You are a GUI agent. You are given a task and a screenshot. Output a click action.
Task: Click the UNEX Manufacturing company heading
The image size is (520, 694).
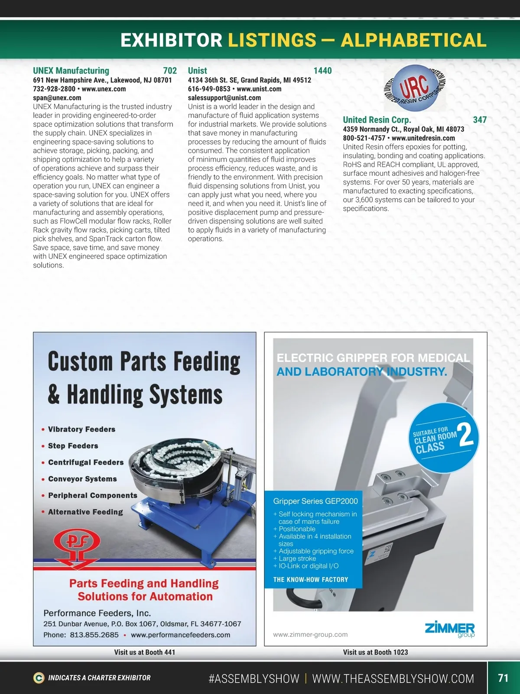pyautogui.click(x=71, y=71)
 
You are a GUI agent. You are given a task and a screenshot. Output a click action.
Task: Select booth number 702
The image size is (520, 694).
pyautogui.click(x=170, y=71)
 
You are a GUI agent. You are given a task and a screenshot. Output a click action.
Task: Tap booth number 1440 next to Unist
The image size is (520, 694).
pyautogui.click(x=322, y=71)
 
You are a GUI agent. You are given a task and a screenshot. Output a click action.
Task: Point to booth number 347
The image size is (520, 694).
pyautogui.click(x=480, y=120)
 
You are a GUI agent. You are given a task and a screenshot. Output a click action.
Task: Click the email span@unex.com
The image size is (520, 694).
pyautogui.click(x=57, y=98)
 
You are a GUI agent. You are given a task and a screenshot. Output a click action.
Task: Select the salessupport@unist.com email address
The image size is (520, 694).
pyautogui.click(x=224, y=98)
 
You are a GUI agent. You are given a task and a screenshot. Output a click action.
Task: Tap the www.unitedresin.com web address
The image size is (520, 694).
pyautogui.click(x=423, y=138)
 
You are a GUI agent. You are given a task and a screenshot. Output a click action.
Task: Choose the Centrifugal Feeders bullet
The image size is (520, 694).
pyautogui.click(x=86, y=462)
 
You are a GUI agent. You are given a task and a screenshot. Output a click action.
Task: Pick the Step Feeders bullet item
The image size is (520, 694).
pyautogui.click(x=73, y=446)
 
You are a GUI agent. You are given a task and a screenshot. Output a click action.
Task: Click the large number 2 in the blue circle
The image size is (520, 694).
pyautogui.click(x=465, y=435)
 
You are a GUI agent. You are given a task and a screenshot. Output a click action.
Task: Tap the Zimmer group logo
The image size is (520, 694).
pyautogui.click(x=450, y=629)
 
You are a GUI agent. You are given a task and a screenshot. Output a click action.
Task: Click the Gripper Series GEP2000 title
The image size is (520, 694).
pyautogui.click(x=315, y=501)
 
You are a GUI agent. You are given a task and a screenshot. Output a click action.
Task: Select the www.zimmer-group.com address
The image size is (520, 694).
pyautogui.click(x=310, y=635)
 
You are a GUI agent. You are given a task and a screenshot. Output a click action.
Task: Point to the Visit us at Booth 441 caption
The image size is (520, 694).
pyautogui.click(x=145, y=652)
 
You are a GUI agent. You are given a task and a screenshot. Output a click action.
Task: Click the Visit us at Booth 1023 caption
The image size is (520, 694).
pyautogui.click(x=375, y=652)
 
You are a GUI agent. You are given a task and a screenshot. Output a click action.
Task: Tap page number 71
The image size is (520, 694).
pyautogui.click(x=503, y=678)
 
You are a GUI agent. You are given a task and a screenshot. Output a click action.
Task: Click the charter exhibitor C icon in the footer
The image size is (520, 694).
pyautogui.click(x=39, y=678)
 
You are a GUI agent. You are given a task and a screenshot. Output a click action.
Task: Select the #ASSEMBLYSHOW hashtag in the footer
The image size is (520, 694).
pyautogui.click(x=254, y=678)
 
